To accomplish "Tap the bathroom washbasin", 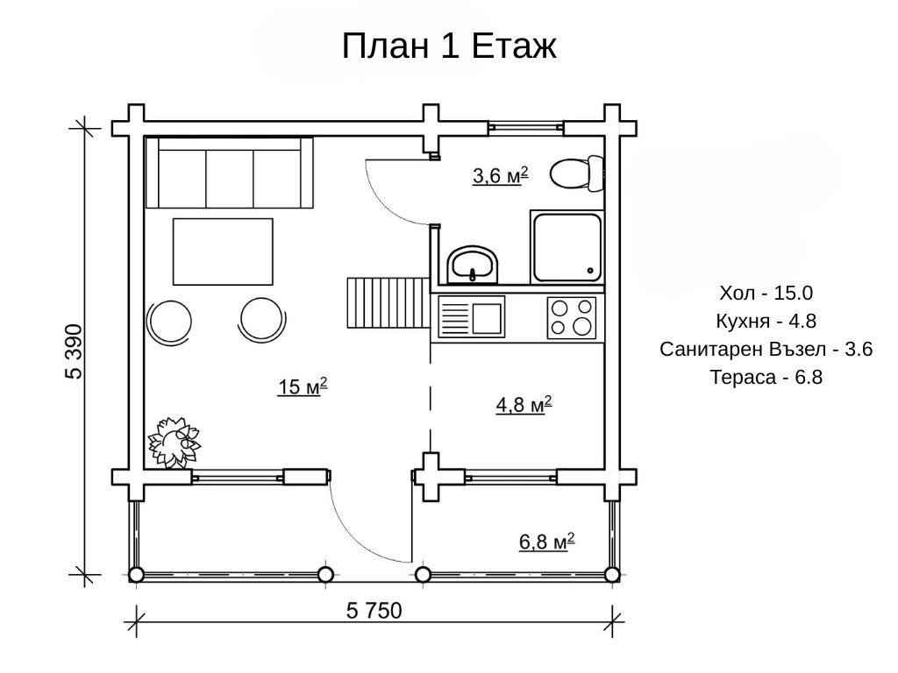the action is [471, 265].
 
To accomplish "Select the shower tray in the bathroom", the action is [567, 246].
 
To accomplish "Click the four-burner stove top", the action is [571, 317].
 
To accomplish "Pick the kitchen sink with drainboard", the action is [471, 316].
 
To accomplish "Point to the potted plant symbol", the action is [175, 442].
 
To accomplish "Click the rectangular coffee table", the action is [223, 251].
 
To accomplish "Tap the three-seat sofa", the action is [229, 173].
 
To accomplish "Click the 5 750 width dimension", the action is [374, 611].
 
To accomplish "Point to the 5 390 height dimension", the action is [74, 351].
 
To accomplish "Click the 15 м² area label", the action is [303, 386].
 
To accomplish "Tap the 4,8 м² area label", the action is [524, 404].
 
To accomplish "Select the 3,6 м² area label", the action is [500, 175].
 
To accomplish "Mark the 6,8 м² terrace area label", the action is [546, 541].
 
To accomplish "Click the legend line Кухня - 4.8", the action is [766, 321].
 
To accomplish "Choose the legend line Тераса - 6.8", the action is [766, 377].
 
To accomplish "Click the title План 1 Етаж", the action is [449, 46].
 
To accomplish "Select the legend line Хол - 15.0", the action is [766, 293].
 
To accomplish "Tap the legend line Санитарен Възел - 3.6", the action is [766, 349].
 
